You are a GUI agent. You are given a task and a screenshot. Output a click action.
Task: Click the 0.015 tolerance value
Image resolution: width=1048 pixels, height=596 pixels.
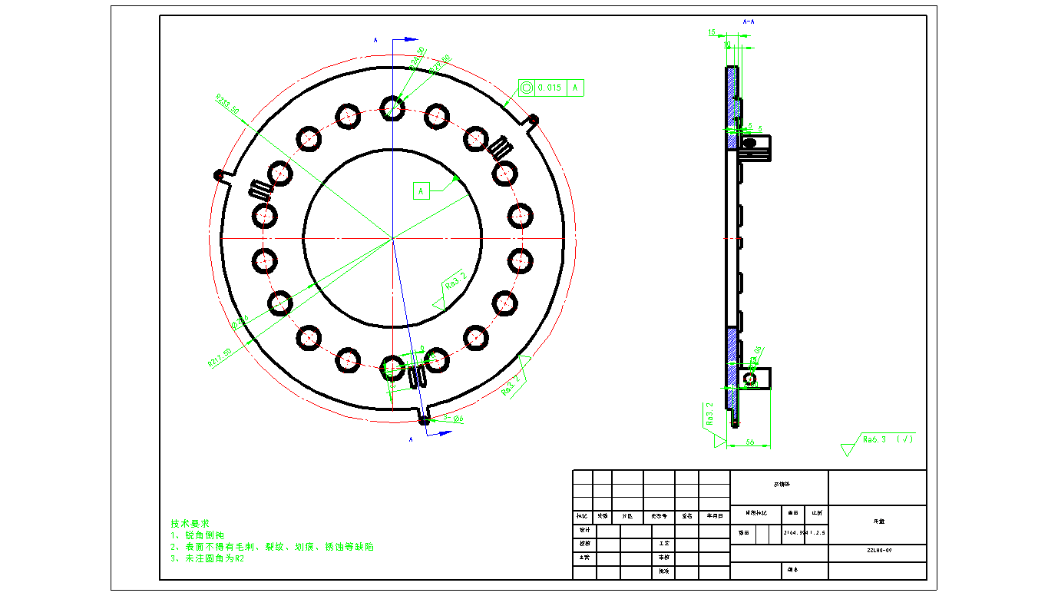(550, 88)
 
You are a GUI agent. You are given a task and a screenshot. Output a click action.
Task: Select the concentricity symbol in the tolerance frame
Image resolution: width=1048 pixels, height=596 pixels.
(527, 88)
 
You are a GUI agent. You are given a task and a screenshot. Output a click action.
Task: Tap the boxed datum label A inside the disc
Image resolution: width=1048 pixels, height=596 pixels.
(421, 190)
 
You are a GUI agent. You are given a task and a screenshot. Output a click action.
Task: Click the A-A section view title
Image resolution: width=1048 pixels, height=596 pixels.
(749, 22)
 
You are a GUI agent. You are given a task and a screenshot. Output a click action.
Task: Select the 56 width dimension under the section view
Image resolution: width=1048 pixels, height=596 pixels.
(750, 442)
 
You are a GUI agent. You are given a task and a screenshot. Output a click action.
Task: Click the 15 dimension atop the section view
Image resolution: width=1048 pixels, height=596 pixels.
(712, 33)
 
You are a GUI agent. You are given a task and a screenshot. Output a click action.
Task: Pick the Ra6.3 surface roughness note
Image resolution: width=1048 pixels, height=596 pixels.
(875, 439)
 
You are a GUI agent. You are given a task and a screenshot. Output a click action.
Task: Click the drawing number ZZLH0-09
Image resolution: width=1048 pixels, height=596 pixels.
(878, 550)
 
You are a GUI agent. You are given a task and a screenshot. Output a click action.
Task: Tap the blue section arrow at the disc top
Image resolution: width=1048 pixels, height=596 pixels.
(410, 39)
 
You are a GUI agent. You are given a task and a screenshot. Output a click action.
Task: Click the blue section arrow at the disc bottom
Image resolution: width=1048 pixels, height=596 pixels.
(442, 433)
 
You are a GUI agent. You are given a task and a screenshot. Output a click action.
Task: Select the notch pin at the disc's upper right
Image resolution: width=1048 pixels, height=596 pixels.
(533, 119)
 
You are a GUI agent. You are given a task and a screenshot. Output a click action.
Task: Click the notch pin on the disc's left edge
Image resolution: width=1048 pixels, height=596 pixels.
(219, 174)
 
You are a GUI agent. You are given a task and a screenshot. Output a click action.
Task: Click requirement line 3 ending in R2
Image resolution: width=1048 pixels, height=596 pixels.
(207, 558)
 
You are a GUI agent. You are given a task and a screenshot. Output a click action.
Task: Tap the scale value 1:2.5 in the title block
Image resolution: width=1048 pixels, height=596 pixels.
(817, 531)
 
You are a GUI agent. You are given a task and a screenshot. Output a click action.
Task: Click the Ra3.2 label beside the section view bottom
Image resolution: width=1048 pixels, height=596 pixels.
(709, 415)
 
